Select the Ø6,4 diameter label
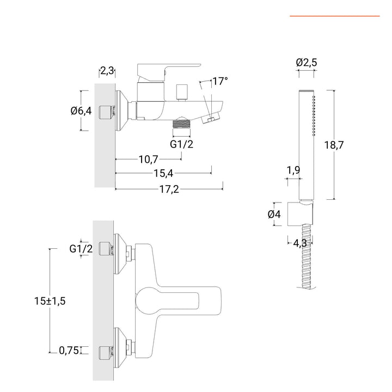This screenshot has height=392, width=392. pyautogui.click(x=81, y=111)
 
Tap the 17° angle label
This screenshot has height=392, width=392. pyautogui.click(x=220, y=82)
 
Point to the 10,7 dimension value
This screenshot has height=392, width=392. pyautogui.click(x=148, y=159)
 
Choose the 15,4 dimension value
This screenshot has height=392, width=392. pyautogui.click(x=163, y=174)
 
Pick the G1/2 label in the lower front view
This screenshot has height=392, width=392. pyautogui.click(x=81, y=249)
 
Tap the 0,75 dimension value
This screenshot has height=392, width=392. pyautogui.click(x=69, y=350)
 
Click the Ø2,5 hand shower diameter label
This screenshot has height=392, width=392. pyautogui.click(x=307, y=63)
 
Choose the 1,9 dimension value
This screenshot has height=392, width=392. pyautogui.click(x=293, y=170)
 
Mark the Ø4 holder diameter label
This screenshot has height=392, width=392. pyautogui.click(x=274, y=214)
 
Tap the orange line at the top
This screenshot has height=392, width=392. pyautogui.click(x=334, y=16)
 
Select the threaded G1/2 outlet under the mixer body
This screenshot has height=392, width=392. pyautogui.click(x=181, y=127)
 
